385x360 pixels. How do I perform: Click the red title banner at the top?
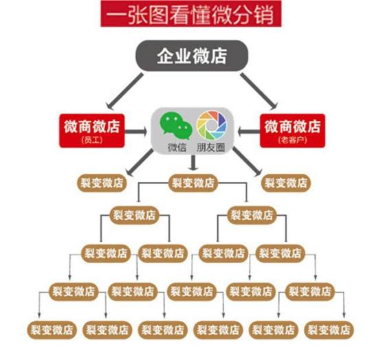pos(191,14)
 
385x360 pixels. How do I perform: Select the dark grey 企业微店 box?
pos(192,56)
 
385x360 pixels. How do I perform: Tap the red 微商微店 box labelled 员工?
pos(92,131)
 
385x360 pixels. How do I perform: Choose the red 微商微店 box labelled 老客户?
pos(292,131)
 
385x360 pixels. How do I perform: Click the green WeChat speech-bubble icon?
pos(175,126)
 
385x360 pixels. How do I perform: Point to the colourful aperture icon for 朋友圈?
pos(211,124)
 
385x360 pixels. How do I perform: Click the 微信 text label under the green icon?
pos(177,147)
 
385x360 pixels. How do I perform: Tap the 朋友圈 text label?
pos(210,147)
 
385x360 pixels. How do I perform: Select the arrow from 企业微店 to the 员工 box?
pos(124,91)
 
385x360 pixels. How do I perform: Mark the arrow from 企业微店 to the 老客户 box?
pos(258,91)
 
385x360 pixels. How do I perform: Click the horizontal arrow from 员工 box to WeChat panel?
pos(136,132)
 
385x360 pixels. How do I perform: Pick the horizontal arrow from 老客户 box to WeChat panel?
pos(249,132)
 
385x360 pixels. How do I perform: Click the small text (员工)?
pos(92,140)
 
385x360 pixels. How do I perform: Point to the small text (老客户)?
pos(292,140)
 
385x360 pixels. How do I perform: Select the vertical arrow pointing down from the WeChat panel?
pos(193,163)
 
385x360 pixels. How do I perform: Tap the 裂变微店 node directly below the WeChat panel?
pos(193,183)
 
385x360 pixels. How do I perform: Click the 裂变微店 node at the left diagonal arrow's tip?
pos(102,183)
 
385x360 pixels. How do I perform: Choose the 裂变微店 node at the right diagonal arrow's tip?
pos(286,183)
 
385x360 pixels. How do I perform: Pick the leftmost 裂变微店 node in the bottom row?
pos(52,330)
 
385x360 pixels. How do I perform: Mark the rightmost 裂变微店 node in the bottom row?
pos(329,330)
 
